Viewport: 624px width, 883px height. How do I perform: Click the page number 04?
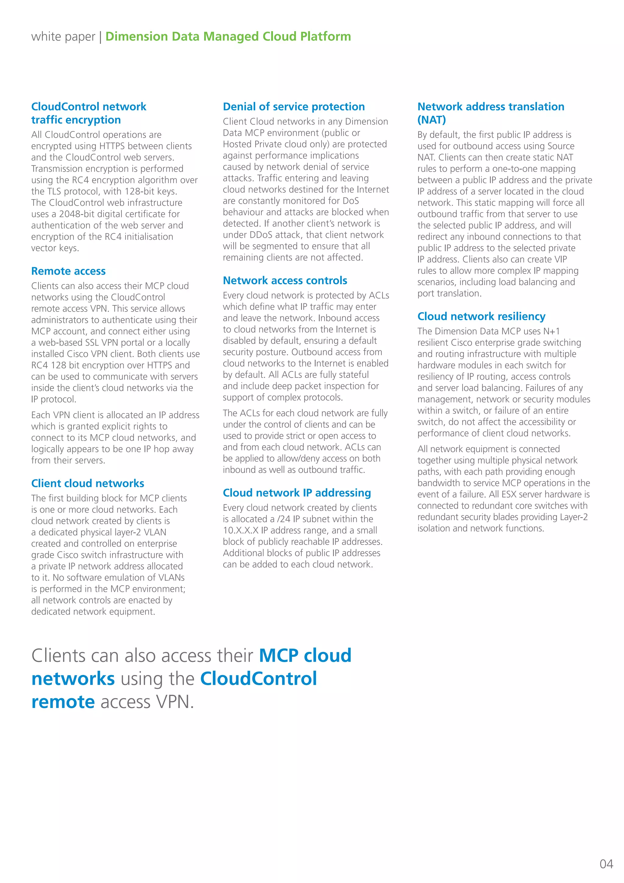click(x=606, y=864)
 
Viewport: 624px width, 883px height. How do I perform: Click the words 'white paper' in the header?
click(x=63, y=37)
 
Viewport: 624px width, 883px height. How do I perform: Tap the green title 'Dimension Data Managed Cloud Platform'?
click(x=228, y=37)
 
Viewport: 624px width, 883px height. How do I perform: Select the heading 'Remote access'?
click(x=68, y=271)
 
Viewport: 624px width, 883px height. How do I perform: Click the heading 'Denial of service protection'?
click(x=293, y=106)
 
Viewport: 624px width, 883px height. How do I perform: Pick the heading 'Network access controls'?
click(x=285, y=281)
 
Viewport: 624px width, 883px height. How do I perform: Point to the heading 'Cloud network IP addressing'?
click(x=297, y=493)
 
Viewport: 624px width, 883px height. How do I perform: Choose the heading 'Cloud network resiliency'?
click(x=481, y=316)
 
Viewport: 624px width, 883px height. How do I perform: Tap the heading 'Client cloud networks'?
click(x=88, y=483)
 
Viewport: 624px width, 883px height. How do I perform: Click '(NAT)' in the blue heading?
click(x=431, y=120)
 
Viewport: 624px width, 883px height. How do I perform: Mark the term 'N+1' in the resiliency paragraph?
click(x=551, y=331)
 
